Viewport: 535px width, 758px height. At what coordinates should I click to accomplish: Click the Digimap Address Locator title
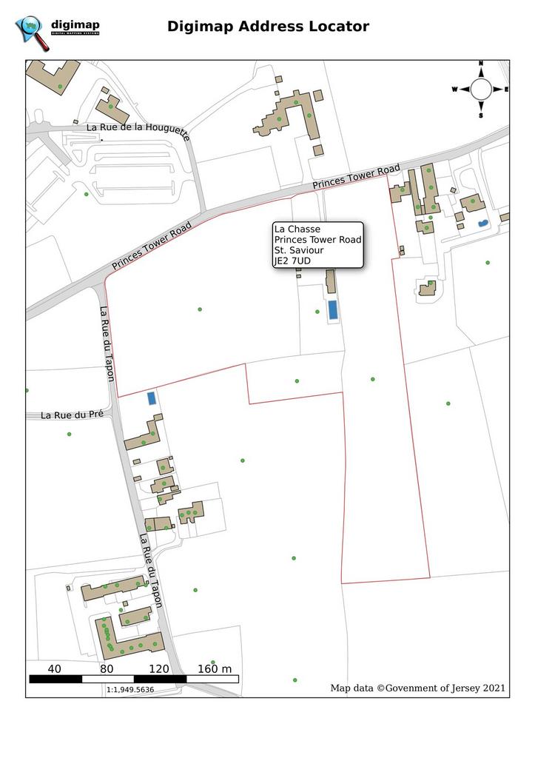coord(268,27)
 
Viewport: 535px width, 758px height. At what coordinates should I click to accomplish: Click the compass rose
coord(480,90)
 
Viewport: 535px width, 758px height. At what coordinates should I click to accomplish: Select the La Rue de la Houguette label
coord(138,131)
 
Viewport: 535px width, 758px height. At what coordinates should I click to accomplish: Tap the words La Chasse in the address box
coord(297,229)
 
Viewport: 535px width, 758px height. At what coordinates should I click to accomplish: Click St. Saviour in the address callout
coord(299,250)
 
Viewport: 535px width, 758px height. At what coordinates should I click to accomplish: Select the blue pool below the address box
coord(333,310)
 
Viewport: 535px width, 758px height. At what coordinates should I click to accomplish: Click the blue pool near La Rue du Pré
coord(152,398)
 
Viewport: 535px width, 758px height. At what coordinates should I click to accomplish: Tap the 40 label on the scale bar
coord(54,669)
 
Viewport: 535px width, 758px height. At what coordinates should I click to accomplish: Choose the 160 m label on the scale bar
coord(215,669)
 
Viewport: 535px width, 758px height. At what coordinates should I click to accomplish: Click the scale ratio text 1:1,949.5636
coord(130,689)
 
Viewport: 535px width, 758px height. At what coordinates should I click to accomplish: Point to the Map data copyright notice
coord(418,688)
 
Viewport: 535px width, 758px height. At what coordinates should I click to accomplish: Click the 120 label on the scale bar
coord(158,669)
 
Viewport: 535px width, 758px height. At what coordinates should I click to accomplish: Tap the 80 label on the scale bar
coord(107,669)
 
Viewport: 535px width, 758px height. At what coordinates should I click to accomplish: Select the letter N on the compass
coord(481,64)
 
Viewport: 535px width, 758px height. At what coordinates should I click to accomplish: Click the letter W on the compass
coord(455,90)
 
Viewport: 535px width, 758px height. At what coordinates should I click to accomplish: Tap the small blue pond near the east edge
coord(482,222)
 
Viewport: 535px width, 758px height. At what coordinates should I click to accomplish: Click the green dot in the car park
coord(87,195)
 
